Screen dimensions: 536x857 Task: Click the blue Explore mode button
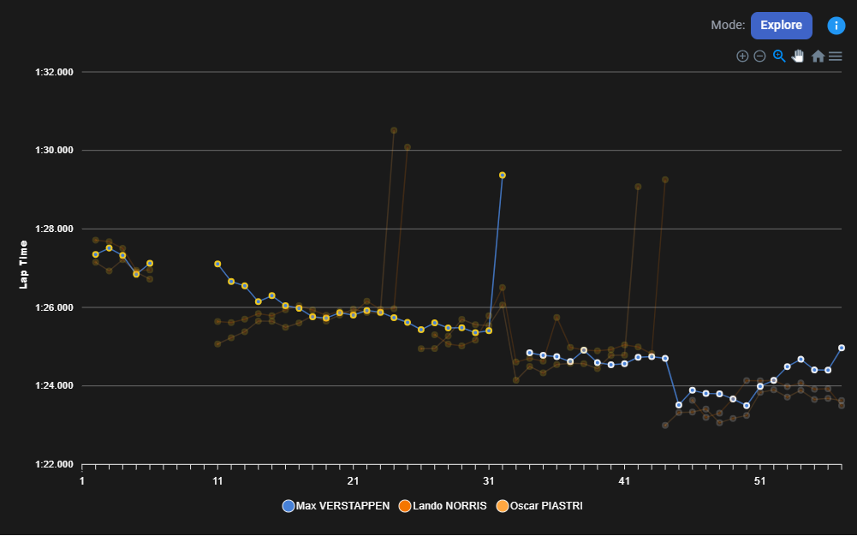[x=781, y=26]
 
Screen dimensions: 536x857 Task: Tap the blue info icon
[x=836, y=26]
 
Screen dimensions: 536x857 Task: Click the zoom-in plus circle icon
[x=742, y=57]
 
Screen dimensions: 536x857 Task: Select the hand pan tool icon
[x=798, y=57]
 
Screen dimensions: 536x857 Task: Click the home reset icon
[x=818, y=57]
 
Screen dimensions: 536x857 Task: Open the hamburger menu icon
[x=836, y=57]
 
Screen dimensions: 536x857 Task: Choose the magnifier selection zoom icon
[x=779, y=57]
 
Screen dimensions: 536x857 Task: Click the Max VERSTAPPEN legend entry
[x=336, y=506]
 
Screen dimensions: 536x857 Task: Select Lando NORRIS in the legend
[x=443, y=506]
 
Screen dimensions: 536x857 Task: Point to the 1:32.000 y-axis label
[x=54, y=72]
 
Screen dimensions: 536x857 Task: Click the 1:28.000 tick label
[x=54, y=229]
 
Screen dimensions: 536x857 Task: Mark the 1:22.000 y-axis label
[x=54, y=465]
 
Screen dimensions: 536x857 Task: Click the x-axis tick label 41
[x=624, y=481]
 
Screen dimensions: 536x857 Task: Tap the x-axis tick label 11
[x=217, y=481]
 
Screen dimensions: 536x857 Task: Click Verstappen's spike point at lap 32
[x=503, y=175]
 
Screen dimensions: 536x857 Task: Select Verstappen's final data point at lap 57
[x=842, y=348]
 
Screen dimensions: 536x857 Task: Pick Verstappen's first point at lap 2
[x=96, y=254]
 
